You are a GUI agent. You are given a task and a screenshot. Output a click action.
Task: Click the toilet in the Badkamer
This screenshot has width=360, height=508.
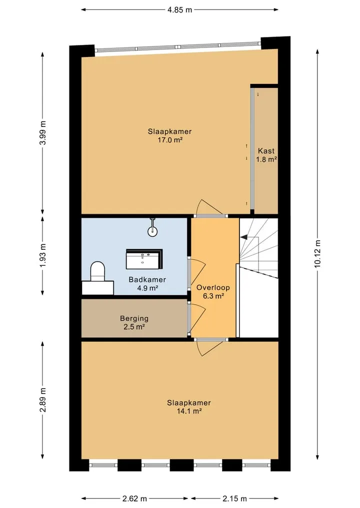(x=98, y=272)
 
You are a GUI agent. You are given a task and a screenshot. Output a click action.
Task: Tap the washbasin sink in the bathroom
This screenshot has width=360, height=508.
(x=144, y=259)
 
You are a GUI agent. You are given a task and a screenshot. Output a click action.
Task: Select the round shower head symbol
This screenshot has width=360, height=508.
(x=153, y=231)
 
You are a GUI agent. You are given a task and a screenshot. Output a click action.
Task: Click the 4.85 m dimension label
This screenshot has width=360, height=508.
(x=179, y=9)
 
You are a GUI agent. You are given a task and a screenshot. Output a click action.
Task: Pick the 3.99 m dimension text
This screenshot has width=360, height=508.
(x=43, y=132)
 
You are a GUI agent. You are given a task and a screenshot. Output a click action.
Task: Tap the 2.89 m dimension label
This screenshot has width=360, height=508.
(x=43, y=400)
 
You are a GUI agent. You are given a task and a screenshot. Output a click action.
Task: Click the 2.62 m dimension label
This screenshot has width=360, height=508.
(x=134, y=499)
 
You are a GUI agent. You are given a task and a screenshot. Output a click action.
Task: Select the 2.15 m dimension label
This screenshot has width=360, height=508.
(x=234, y=499)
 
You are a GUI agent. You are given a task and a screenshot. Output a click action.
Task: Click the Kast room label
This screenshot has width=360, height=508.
(x=266, y=151)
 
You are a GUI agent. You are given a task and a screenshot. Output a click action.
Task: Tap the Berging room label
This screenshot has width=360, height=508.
(x=134, y=319)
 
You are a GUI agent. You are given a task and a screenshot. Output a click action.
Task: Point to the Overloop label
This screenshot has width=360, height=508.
(x=213, y=287)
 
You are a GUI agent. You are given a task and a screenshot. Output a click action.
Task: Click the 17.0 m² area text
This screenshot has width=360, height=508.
(x=169, y=140)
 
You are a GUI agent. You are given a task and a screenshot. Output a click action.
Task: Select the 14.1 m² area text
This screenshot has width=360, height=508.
(x=189, y=411)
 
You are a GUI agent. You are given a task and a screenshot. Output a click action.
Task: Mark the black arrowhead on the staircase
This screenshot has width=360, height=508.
(x=243, y=237)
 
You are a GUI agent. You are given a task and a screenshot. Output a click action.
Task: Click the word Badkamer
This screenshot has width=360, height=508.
(x=147, y=280)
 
